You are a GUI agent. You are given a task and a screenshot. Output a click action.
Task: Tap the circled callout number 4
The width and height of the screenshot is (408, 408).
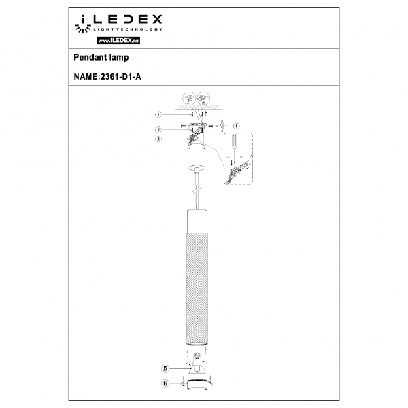(x=235, y=125)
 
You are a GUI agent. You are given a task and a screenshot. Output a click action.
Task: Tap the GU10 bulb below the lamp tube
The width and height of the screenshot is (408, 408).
(x=197, y=367)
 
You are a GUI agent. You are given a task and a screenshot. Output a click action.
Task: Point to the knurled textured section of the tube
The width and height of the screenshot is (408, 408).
(x=197, y=286)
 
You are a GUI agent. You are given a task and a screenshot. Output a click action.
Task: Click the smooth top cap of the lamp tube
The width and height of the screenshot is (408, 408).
(x=197, y=220)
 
